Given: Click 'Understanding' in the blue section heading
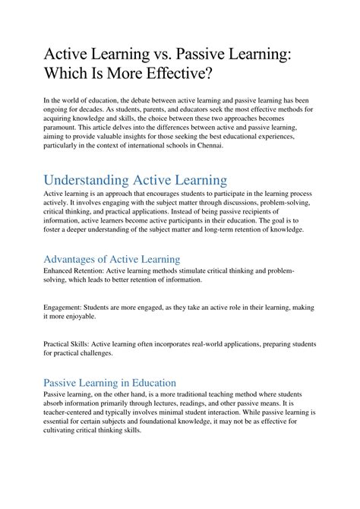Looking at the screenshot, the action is pyautogui.click(x=91, y=180).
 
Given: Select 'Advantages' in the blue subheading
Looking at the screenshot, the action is pyautogui.click(x=77, y=259).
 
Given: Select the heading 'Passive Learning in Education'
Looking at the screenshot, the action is pyautogui.click(x=110, y=382).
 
